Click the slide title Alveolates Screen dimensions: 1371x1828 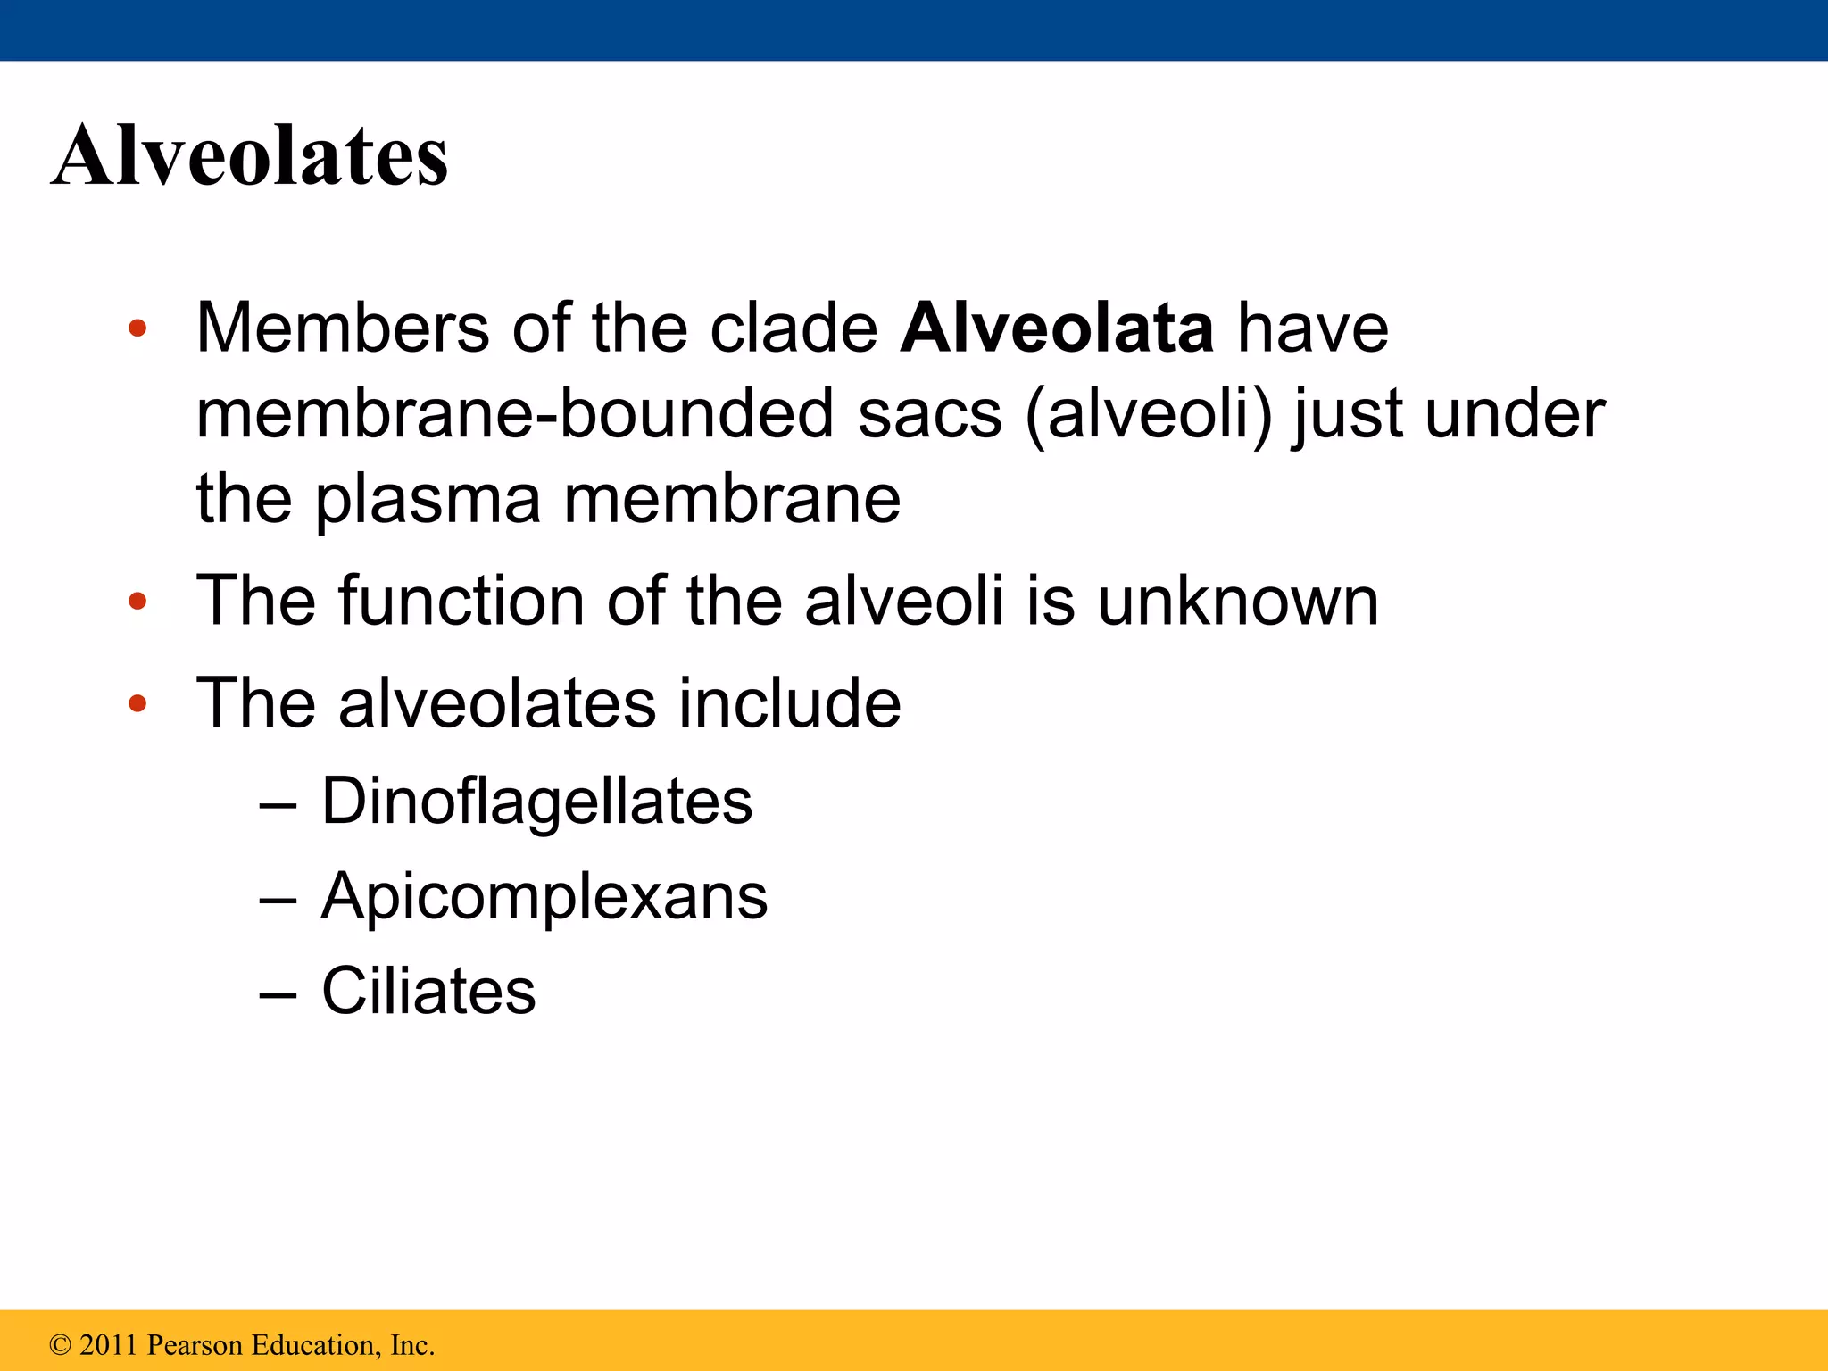[x=250, y=156]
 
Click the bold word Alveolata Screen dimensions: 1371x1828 [x=1057, y=328]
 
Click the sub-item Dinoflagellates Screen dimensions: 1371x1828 [x=536, y=802]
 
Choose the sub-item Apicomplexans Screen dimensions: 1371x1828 [x=544, y=896]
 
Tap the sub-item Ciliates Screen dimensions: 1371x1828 [x=428, y=991]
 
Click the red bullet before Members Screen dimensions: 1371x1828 [x=137, y=328]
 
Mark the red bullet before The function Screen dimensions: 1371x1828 [x=137, y=602]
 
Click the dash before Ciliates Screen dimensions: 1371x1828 [x=278, y=993]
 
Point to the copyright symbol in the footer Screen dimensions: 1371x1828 [x=60, y=1345]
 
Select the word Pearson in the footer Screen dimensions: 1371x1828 [x=195, y=1345]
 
